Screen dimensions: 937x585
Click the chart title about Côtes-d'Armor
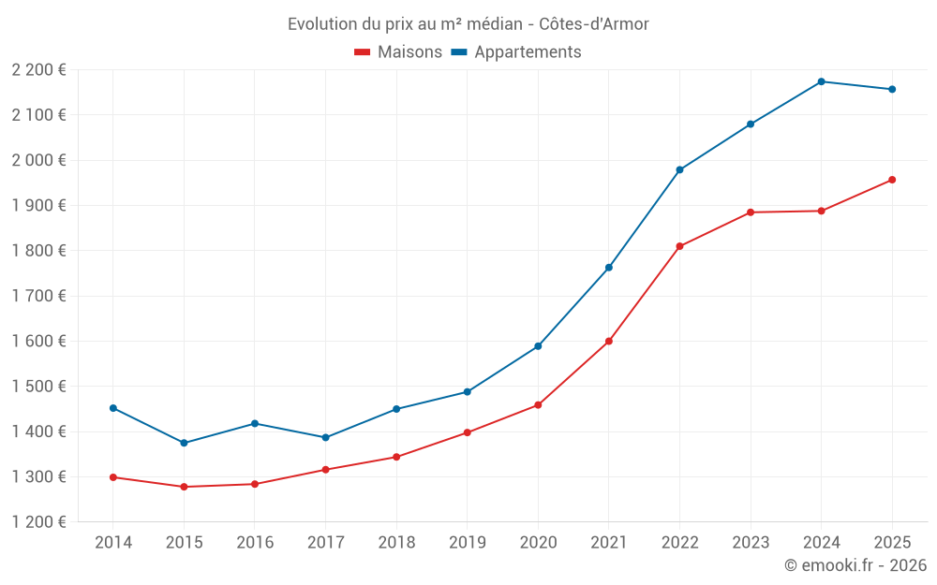point(468,23)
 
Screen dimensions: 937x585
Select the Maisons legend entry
point(398,52)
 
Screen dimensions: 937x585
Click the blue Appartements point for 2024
point(821,81)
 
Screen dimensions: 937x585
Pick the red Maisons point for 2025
point(892,180)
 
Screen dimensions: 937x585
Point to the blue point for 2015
point(184,443)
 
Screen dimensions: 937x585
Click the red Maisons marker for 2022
point(679,246)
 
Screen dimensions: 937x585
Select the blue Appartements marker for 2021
point(609,268)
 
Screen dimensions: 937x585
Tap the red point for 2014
point(113,477)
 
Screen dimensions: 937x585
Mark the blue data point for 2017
point(325,437)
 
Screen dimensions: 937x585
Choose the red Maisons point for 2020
point(538,405)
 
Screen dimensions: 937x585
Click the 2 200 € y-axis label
point(38,70)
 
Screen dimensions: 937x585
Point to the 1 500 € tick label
point(38,387)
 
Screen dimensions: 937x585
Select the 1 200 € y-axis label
point(38,522)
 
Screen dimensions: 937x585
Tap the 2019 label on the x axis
point(467,542)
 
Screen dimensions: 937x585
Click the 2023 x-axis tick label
point(750,542)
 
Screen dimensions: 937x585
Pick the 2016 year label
point(254,542)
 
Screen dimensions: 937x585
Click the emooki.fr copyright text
point(855,565)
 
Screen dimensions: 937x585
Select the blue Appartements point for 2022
point(679,170)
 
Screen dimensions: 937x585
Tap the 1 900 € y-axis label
point(38,206)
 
